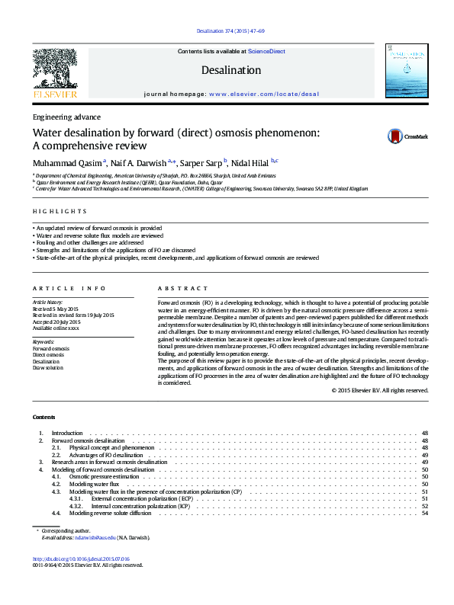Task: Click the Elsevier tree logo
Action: tap(55, 69)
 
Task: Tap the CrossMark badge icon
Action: tap(394, 136)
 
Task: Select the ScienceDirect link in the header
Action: tap(267, 51)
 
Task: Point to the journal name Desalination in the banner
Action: tap(230, 70)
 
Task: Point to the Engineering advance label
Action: tap(66, 117)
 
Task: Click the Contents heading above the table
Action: tap(43, 417)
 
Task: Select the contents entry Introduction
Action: tap(66, 433)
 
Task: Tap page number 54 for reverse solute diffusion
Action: tap(424, 514)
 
